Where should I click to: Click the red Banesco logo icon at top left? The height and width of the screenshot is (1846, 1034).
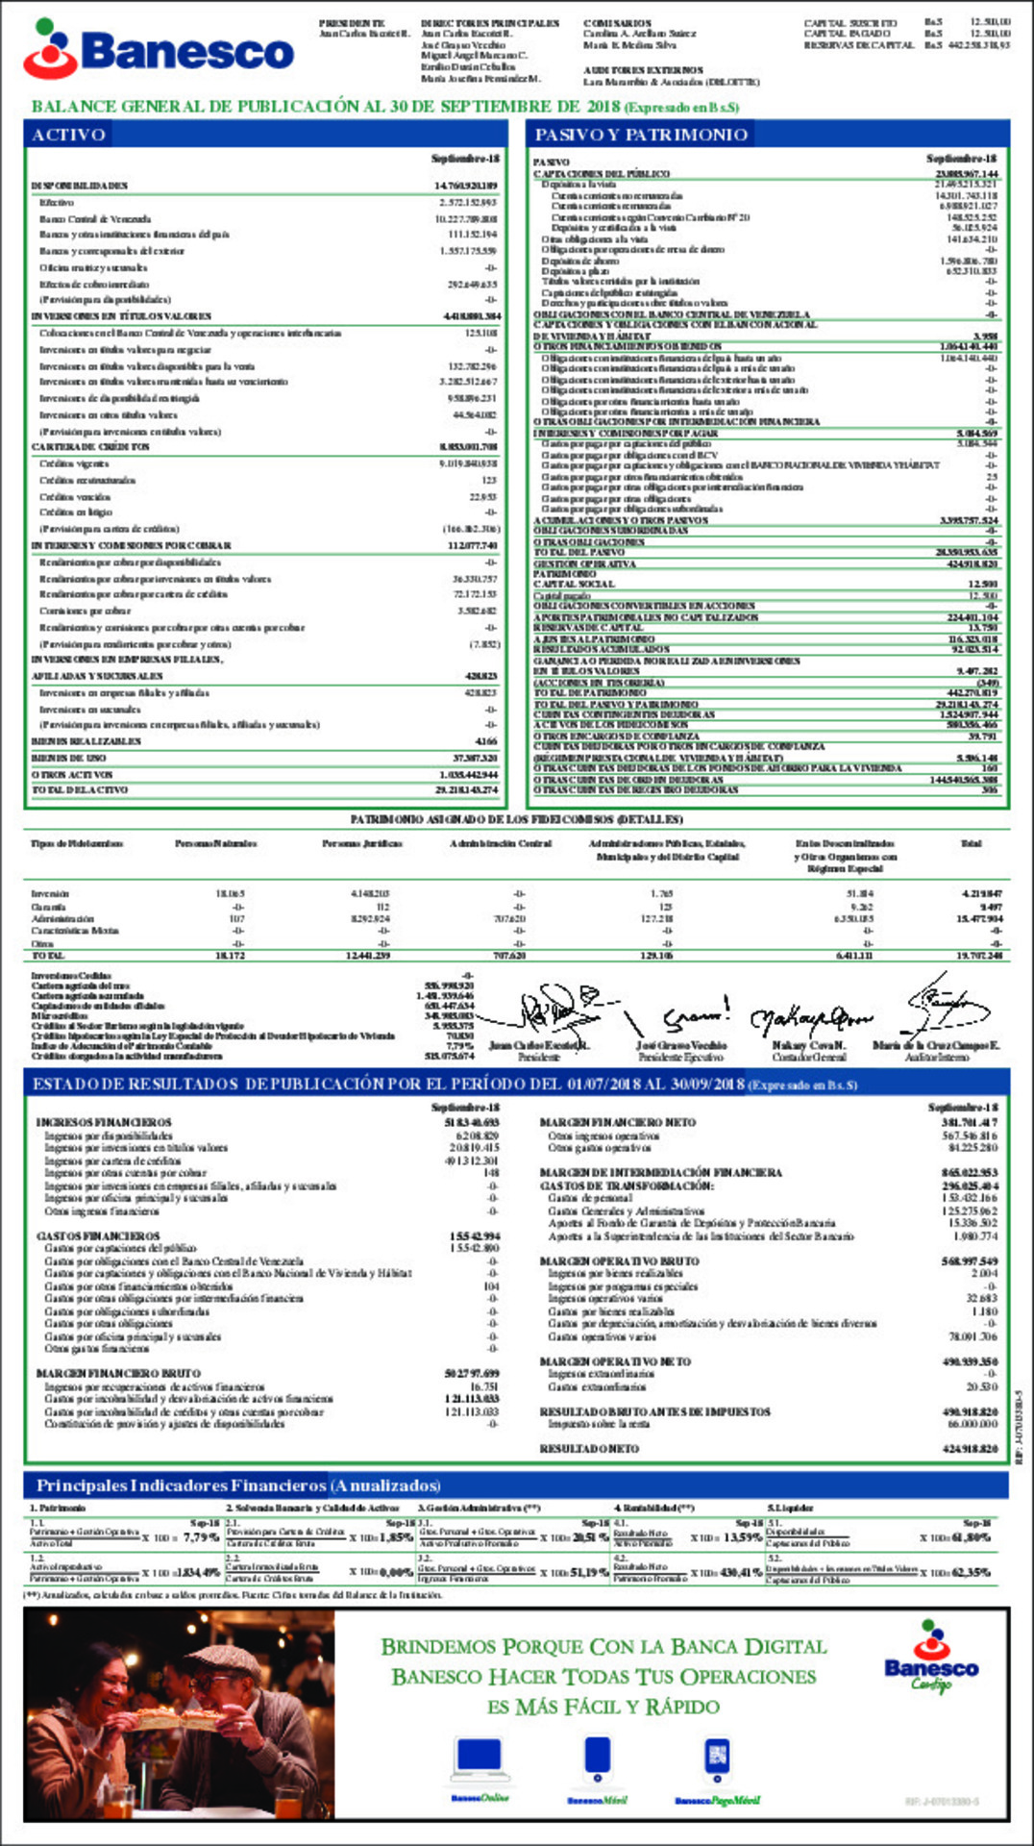pyautogui.click(x=50, y=48)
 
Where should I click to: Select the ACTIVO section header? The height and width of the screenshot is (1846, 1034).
pyautogui.click(x=68, y=135)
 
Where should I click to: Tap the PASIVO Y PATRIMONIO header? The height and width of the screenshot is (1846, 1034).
pyautogui.click(x=640, y=135)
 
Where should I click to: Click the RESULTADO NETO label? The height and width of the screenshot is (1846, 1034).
pyautogui.click(x=589, y=1448)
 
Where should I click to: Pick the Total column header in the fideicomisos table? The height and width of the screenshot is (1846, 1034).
pyautogui.click(x=971, y=843)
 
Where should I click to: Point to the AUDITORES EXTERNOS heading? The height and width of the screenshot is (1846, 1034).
pyautogui.click(x=643, y=70)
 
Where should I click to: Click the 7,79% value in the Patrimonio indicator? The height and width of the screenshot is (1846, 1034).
pyautogui.click(x=201, y=1537)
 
